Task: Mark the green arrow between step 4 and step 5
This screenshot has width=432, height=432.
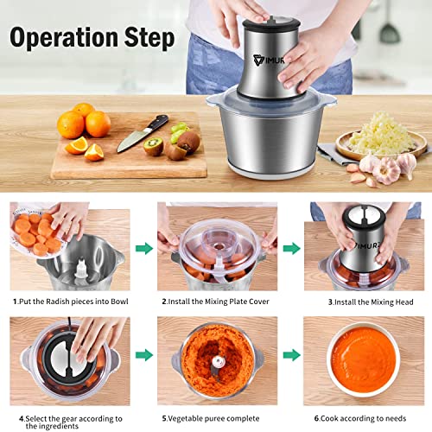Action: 142,354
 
